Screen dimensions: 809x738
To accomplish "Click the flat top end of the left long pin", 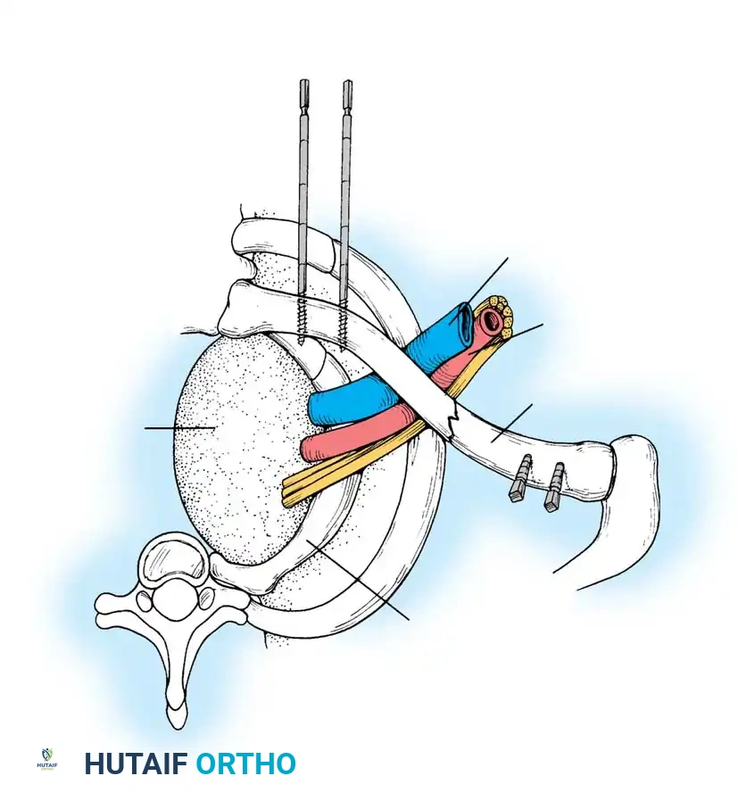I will tap(303, 83).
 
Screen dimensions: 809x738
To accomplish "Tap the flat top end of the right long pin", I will tap(346, 83).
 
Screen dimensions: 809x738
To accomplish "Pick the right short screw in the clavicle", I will tap(555, 487).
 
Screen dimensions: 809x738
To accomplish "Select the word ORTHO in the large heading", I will tap(245, 764).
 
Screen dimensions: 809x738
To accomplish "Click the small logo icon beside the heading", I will tap(47, 759).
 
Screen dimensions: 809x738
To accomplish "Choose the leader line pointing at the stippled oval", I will tap(178, 429).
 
